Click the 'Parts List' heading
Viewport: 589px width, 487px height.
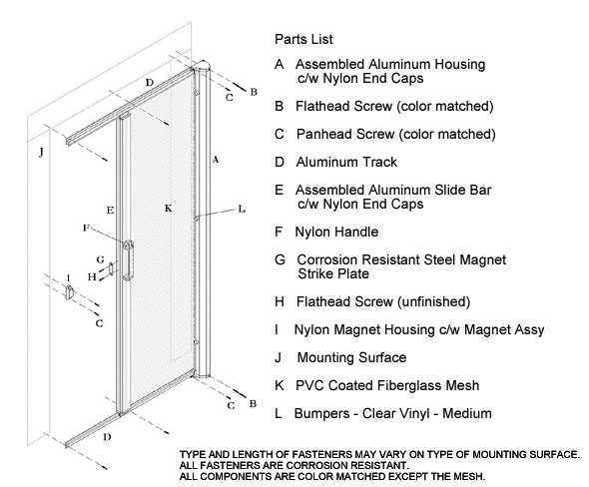[x=303, y=39]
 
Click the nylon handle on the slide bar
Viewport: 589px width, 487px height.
[x=128, y=260]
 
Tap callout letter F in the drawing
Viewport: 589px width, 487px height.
[x=87, y=228]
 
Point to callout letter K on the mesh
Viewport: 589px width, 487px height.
[x=169, y=208]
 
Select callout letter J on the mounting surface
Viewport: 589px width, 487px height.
[x=41, y=152]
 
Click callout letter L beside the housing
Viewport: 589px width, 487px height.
[x=242, y=209]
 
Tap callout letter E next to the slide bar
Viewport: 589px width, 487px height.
[x=110, y=210]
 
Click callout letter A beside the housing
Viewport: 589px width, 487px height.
[x=216, y=160]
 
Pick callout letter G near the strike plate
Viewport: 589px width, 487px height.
[x=100, y=259]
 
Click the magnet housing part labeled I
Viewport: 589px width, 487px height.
[x=70, y=292]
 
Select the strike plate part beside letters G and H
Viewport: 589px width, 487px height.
[x=111, y=268]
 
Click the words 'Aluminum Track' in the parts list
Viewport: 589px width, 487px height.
[x=346, y=162]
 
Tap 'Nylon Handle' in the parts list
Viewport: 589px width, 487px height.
[x=336, y=232]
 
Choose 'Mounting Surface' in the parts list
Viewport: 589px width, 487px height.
[x=351, y=357]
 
